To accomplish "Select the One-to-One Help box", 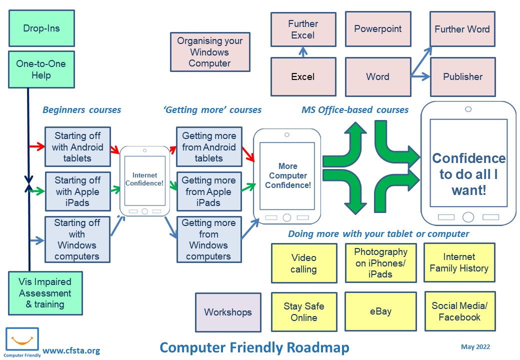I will pos(41,69).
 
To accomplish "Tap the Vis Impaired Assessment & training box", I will pos(45,293).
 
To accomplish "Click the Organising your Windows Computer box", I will pos(210,52).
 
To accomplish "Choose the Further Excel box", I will pos(303,29).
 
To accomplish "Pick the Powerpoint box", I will pos(378,29).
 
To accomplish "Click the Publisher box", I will pos(462,76).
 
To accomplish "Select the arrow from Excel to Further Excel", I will pos(303,51).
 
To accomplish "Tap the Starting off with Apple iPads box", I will pos(77,191).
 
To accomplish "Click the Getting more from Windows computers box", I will pos(208,239).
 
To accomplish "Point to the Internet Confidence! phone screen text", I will pos(144,179).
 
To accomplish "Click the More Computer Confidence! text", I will pos(288,175).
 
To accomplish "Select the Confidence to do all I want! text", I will pos(468,174).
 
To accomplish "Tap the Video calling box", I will pos(303,263).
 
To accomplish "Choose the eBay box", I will pos(380,311).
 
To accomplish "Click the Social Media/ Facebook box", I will pos(459,311).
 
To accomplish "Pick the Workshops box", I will pos(228,312).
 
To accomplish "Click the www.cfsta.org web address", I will pos(71,350).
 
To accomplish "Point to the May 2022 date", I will pos(475,347).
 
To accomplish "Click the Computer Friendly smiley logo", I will pos(22,340).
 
